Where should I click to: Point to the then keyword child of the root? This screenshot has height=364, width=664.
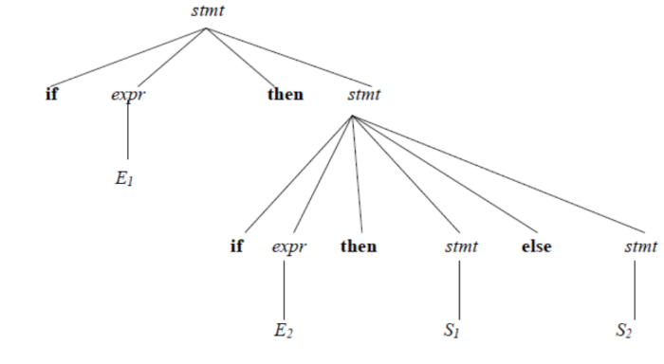pyautogui.click(x=285, y=95)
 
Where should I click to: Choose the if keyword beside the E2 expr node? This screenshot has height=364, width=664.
pyautogui.click(x=236, y=246)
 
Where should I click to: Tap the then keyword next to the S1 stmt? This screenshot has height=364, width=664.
pyautogui.click(x=359, y=246)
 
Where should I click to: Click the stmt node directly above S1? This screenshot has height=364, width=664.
pyautogui.click(x=461, y=247)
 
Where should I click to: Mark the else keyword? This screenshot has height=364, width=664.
pyautogui.click(x=536, y=246)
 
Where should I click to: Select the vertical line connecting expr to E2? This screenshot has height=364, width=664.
pyautogui.click(x=285, y=289)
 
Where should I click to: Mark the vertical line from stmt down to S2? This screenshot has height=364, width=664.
pyautogui.click(x=635, y=289)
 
